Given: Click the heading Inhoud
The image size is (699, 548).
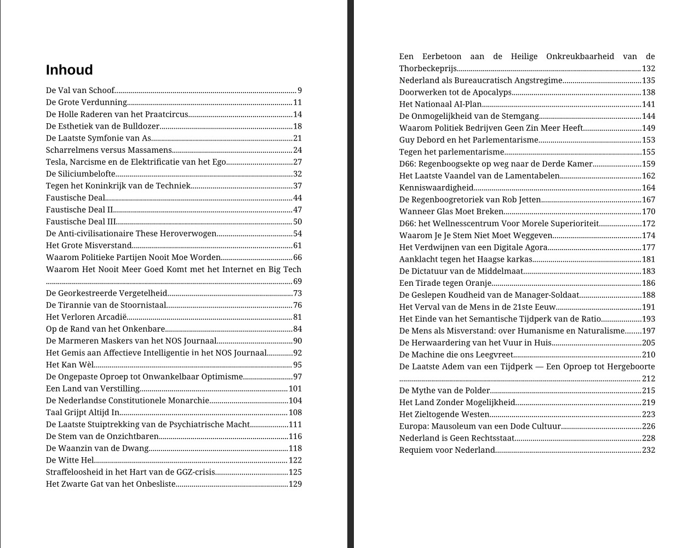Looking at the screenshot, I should [70, 70].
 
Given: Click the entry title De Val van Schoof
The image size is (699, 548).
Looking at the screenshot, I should [81, 90].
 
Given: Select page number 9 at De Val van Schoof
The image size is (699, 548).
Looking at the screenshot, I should [300, 90].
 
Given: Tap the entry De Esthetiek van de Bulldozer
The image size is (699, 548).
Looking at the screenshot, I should [102, 126].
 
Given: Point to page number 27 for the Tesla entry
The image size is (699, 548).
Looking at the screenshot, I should [297, 162].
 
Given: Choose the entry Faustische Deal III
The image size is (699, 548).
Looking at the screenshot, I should [81, 222].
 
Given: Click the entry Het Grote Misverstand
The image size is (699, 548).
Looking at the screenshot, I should [89, 246].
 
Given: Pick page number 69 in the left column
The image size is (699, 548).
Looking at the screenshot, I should [297, 281].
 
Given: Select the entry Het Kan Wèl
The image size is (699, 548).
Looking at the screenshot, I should [70, 365].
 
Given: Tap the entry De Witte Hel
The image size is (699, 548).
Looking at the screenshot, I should [70, 460].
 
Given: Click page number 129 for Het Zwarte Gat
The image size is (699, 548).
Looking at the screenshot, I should [295, 484].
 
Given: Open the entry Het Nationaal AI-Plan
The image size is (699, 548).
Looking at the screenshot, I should [440, 104].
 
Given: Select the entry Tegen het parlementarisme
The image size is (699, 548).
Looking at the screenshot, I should [451, 152].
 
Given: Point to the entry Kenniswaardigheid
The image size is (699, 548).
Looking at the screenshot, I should [436, 188].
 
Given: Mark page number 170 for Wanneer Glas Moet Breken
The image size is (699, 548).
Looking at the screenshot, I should [649, 211].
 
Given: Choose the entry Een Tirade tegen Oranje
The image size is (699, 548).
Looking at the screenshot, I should [445, 283].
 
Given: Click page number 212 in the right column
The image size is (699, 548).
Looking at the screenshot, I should [649, 378].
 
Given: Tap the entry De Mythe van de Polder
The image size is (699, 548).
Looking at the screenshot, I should [444, 390].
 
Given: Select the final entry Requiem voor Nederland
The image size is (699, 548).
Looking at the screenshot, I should [447, 450].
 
